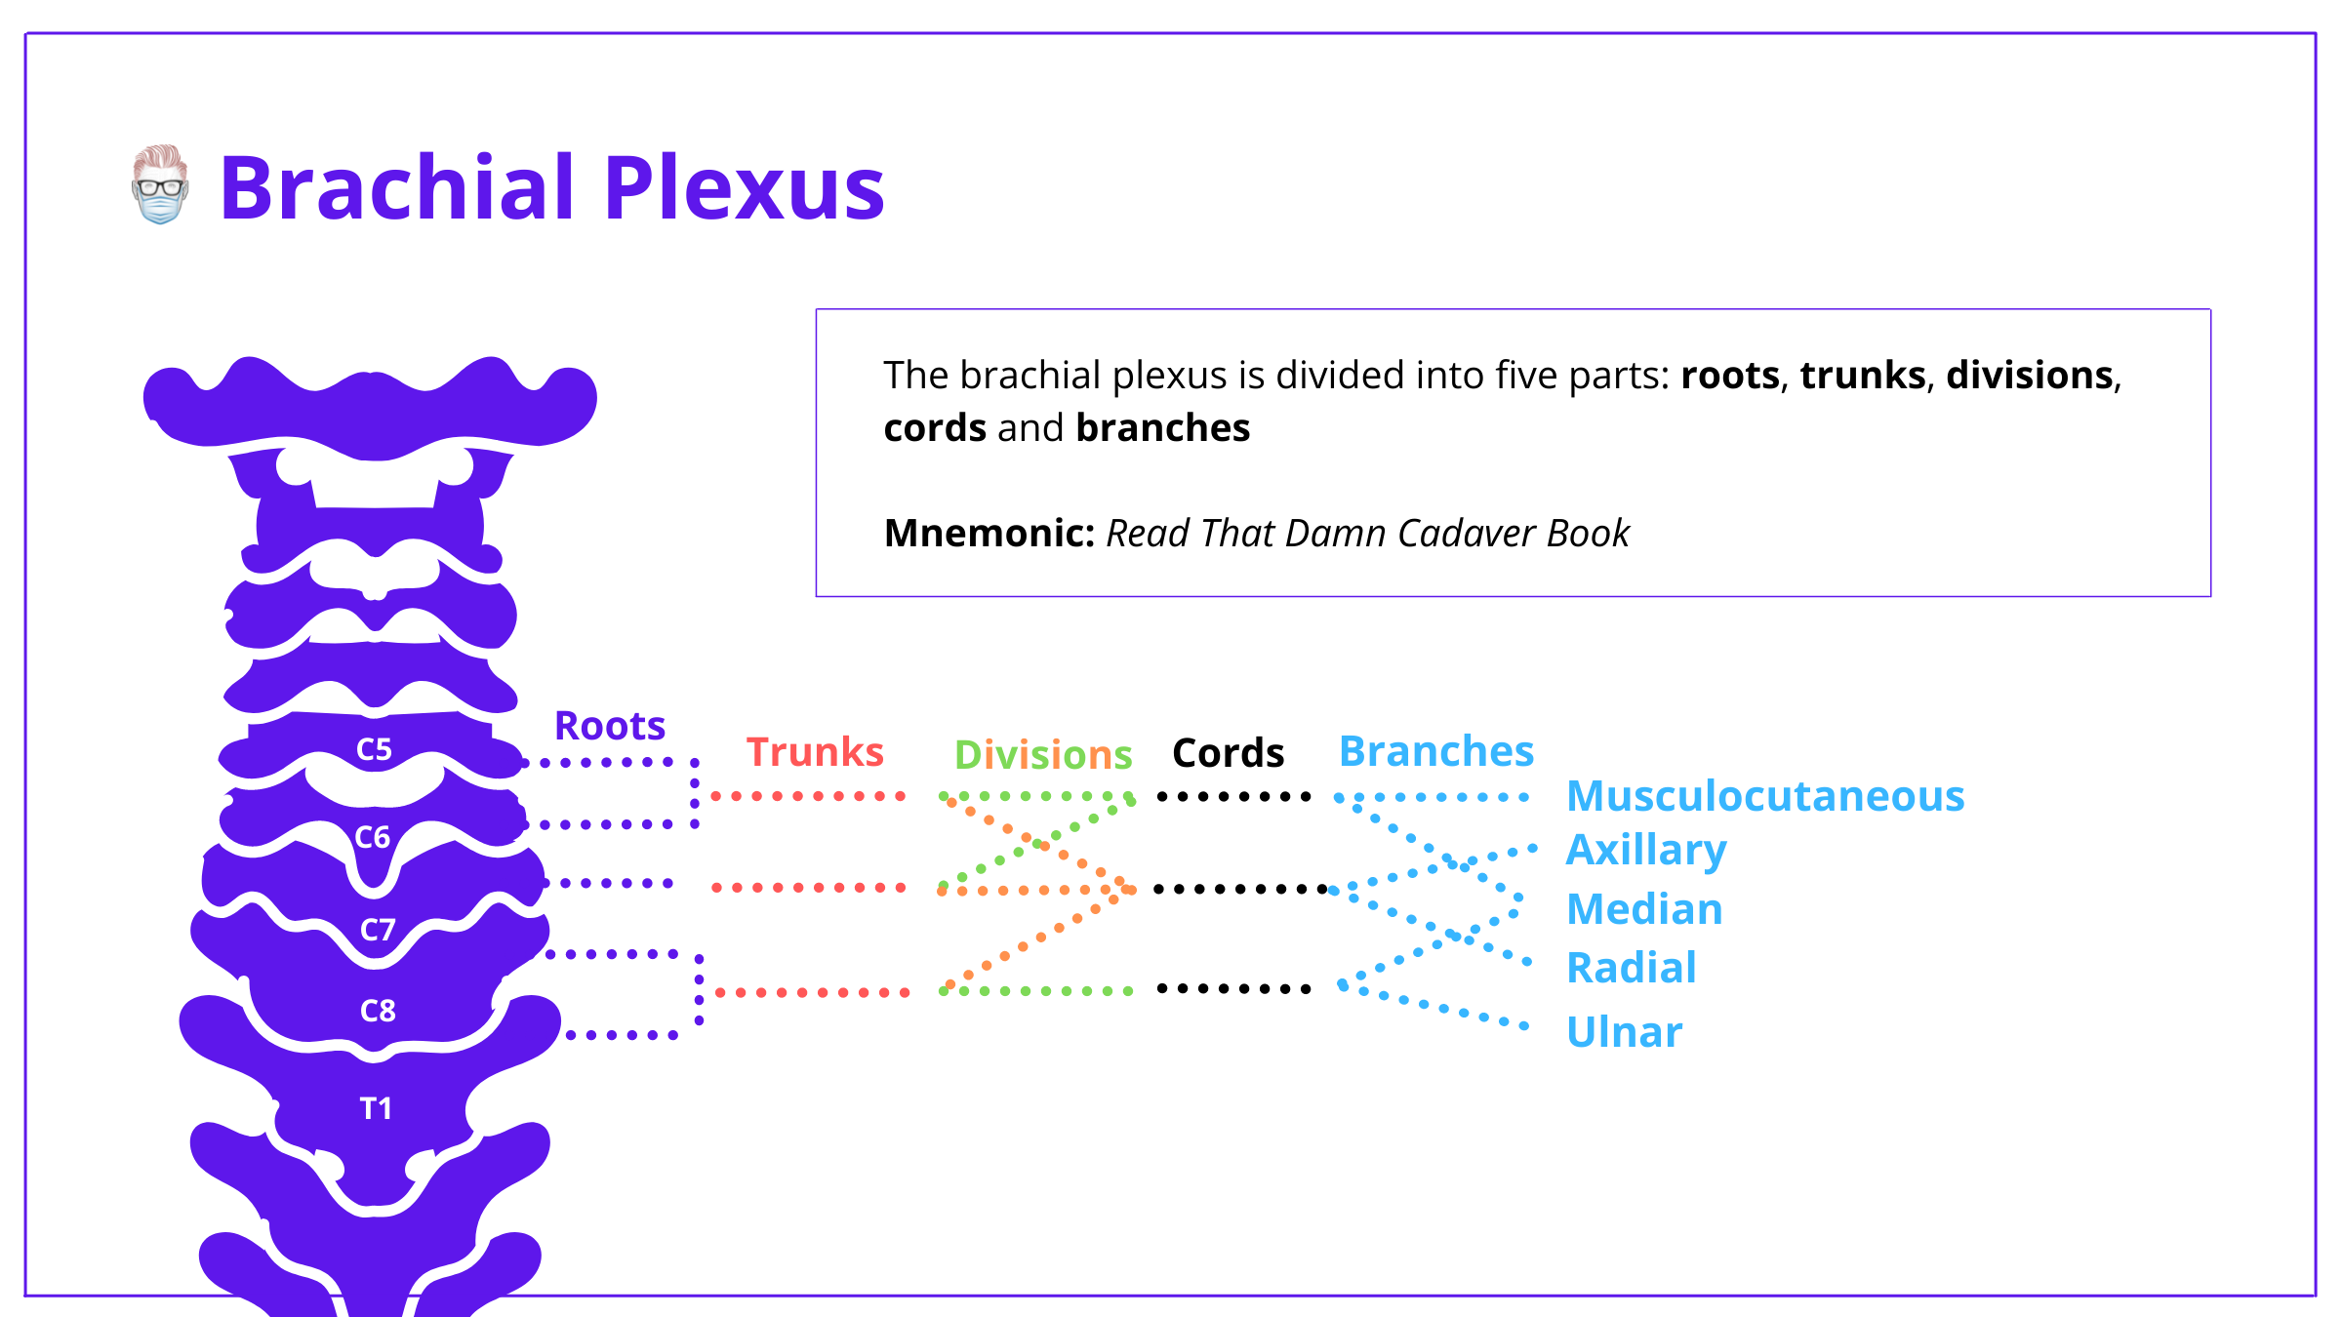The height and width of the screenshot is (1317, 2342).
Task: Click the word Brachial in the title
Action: (x=396, y=187)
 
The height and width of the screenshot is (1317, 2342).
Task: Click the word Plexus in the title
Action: (x=744, y=187)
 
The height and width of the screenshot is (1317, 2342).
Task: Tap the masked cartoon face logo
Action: (x=160, y=185)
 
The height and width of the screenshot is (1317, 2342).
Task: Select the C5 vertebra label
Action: (x=374, y=749)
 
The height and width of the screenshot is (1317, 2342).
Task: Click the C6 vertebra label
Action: (x=372, y=837)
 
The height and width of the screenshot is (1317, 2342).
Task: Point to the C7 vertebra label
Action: (x=378, y=930)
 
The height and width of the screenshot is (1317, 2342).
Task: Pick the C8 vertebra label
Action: (x=378, y=1011)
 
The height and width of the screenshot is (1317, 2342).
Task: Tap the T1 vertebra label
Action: (x=376, y=1108)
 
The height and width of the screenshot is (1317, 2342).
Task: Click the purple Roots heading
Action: (x=610, y=726)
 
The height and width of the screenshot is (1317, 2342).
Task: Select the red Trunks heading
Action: (x=815, y=752)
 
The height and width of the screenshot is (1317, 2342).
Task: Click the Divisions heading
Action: (x=1042, y=755)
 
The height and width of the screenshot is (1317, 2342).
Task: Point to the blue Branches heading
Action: (x=1436, y=751)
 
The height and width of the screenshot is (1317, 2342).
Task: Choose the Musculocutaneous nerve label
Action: (x=1765, y=796)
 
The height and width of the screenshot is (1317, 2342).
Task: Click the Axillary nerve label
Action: (x=1646, y=851)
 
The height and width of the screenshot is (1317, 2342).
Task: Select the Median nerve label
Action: (x=1644, y=909)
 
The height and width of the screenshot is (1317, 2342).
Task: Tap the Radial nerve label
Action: (x=1632, y=968)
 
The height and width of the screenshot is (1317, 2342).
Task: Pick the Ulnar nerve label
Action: (x=1625, y=1032)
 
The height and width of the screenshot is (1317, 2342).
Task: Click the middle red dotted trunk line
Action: (x=808, y=888)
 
